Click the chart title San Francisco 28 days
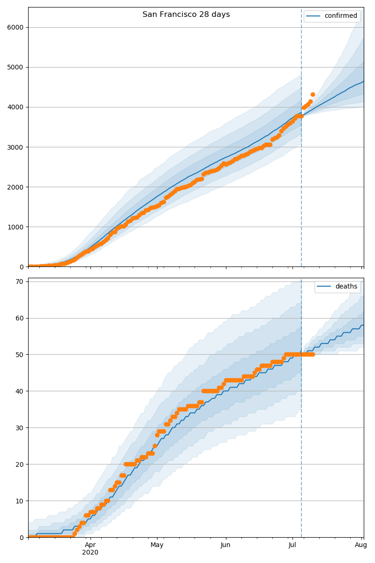[186, 15]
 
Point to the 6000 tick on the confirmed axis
[15, 27]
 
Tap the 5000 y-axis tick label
[15, 67]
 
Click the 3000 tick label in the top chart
[15, 147]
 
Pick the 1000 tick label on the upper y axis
[15, 227]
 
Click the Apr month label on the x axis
[90, 545]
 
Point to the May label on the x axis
[157, 545]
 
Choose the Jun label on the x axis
[225, 545]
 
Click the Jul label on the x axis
[292, 545]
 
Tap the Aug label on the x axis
[360, 545]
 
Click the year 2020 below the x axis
[90, 553]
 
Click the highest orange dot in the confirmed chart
[313, 95]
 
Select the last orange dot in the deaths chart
[313, 354]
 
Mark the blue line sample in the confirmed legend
[314, 16]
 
